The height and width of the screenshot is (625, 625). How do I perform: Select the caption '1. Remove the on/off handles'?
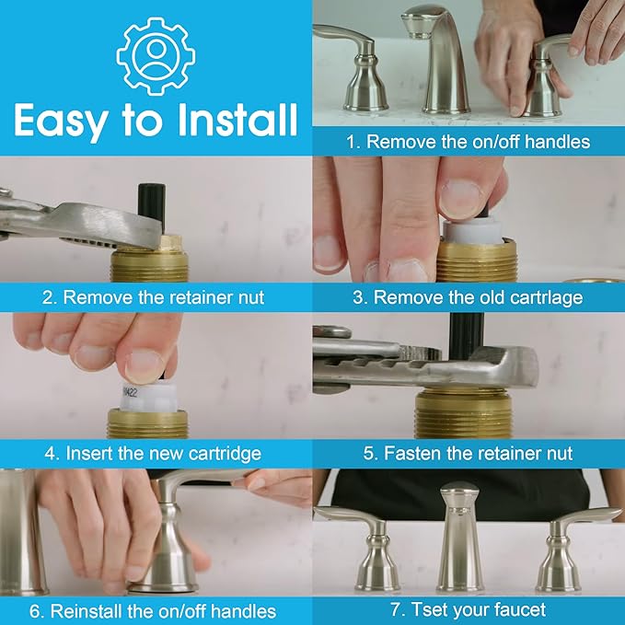click(468, 142)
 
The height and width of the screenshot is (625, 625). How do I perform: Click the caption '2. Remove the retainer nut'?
click(153, 297)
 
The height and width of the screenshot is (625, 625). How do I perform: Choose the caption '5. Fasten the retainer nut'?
click(468, 454)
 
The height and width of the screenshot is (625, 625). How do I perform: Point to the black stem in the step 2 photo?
click(149, 203)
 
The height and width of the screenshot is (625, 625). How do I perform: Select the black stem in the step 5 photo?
click(466, 331)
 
